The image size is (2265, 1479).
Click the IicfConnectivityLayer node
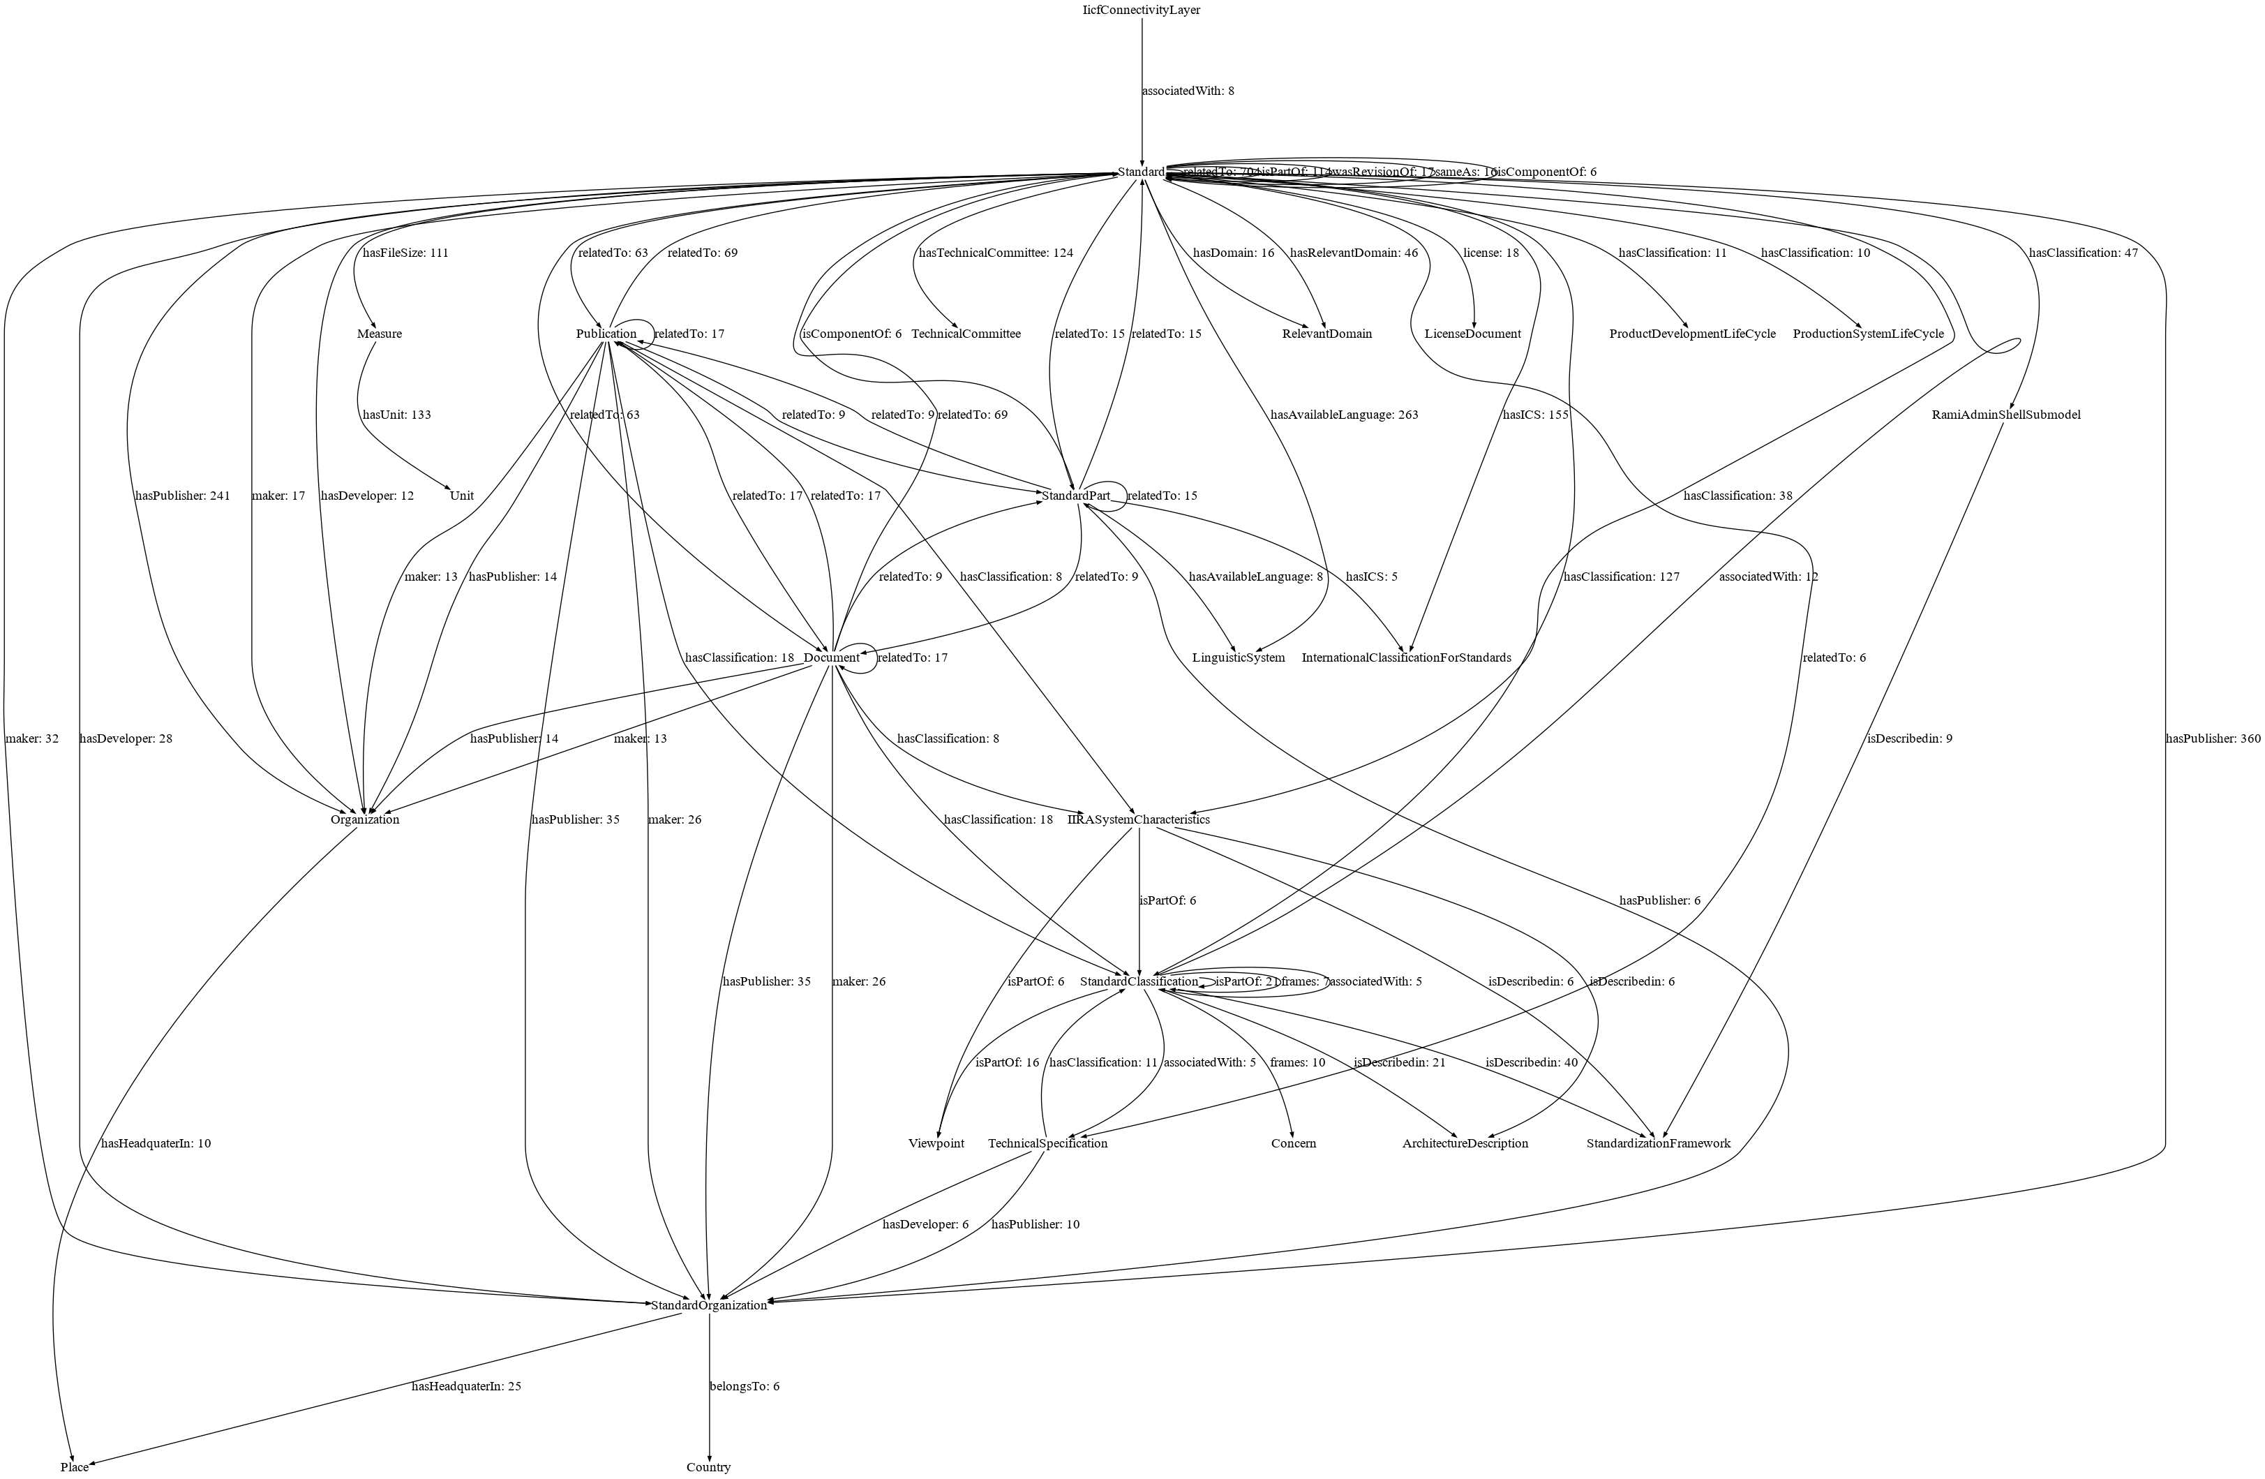click(x=1141, y=10)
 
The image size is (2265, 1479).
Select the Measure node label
click(x=380, y=334)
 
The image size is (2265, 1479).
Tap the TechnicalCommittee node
click(x=966, y=334)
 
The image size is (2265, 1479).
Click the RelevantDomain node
click(x=1326, y=334)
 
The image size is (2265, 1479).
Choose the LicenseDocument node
click(x=1472, y=334)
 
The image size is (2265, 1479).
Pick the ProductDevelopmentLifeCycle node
click(x=1692, y=334)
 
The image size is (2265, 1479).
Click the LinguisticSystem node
click(x=1238, y=657)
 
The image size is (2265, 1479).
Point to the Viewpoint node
click(x=936, y=1143)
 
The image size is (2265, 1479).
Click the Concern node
click(x=1293, y=1143)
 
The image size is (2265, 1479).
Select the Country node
click(x=709, y=1466)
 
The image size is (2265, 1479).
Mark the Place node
click(x=74, y=1466)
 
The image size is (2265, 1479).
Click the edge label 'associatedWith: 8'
click(x=1188, y=91)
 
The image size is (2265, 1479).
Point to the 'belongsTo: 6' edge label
click(x=745, y=1385)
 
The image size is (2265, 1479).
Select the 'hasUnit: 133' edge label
click(x=397, y=415)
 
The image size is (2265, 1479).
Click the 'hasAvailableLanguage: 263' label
click(x=1344, y=415)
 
